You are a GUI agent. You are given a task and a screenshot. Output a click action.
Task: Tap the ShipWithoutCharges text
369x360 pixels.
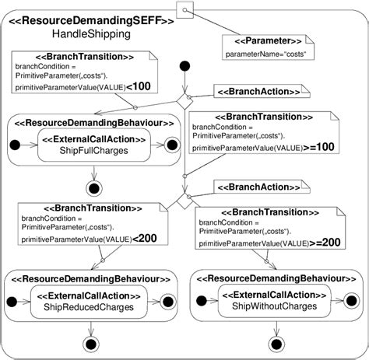tap(269, 306)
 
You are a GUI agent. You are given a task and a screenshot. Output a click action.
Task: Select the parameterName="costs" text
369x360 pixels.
tap(265, 54)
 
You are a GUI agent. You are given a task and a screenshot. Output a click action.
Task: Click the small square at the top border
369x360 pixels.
tap(184, 9)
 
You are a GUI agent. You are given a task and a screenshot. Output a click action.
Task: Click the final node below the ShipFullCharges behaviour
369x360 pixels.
tap(93, 187)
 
